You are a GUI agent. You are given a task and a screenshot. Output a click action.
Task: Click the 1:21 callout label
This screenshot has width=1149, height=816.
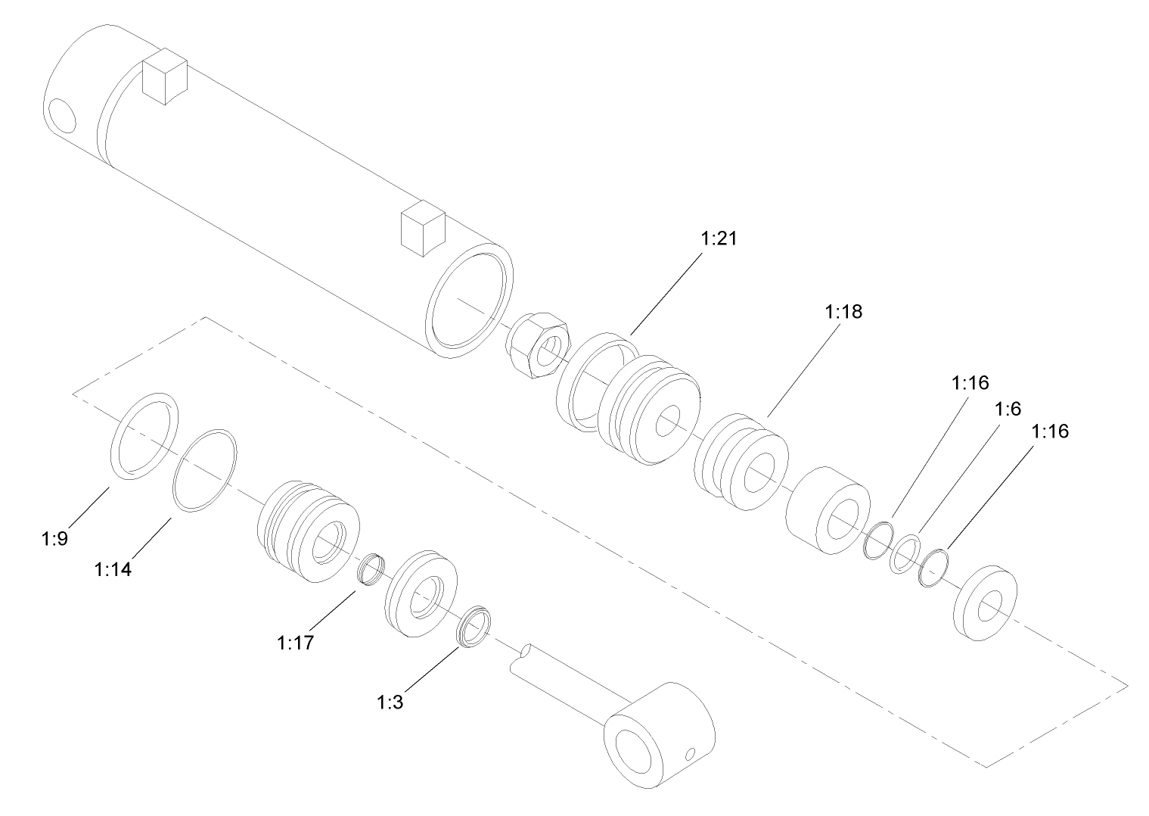718,239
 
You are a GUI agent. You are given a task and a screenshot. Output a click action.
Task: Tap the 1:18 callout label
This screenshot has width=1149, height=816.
843,312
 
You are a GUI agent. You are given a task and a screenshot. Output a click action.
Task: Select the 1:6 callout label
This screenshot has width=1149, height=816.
1008,409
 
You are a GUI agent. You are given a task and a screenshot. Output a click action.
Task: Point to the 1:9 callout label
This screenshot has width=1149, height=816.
54,539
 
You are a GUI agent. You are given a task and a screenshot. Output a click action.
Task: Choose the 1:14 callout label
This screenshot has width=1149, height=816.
113,568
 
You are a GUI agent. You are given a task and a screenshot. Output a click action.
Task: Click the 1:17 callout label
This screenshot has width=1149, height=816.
295,643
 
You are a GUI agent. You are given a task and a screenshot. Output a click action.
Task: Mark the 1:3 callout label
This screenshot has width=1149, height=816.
390,702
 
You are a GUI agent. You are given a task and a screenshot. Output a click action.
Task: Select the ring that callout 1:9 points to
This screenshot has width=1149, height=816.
145,436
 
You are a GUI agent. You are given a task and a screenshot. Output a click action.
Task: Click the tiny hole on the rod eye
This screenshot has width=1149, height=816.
688,754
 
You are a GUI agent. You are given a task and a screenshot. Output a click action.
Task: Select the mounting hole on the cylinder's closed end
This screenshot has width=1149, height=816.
61,117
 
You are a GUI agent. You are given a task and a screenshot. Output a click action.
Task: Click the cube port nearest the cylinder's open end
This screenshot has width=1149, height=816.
421,228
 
